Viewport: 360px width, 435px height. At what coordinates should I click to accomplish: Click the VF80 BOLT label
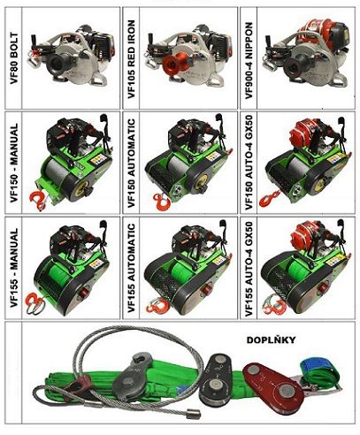click(x=14, y=58)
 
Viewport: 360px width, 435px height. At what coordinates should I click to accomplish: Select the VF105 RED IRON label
click(x=131, y=59)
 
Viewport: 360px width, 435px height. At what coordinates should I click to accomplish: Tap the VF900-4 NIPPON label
click(x=249, y=60)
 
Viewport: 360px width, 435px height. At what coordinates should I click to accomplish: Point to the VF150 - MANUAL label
click(x=14, y=163)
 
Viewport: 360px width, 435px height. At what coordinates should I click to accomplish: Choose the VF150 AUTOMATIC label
click(x=131, y=164)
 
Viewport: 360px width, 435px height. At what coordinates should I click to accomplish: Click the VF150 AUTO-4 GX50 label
click(x=249, y=163)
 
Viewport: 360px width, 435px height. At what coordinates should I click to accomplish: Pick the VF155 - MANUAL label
click(x=14, y=268)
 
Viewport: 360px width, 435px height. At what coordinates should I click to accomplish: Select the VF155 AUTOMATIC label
click(x=131, y=268)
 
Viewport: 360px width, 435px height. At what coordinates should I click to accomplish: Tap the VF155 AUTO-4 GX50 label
click(x=249, y=269)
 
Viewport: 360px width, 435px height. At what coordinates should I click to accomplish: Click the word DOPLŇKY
click(x=271, y=340)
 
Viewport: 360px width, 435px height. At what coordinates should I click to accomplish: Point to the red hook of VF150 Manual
click(x=38, y=201)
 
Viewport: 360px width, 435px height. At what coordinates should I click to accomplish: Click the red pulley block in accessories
click(x=272, y=387)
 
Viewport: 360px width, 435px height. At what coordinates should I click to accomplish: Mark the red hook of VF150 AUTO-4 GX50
click(x=269, y=198)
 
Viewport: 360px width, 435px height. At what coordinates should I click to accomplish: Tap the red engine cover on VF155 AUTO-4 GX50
click(x=307, y=233)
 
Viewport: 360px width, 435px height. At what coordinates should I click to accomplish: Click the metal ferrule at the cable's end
click(x=194, y=415)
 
